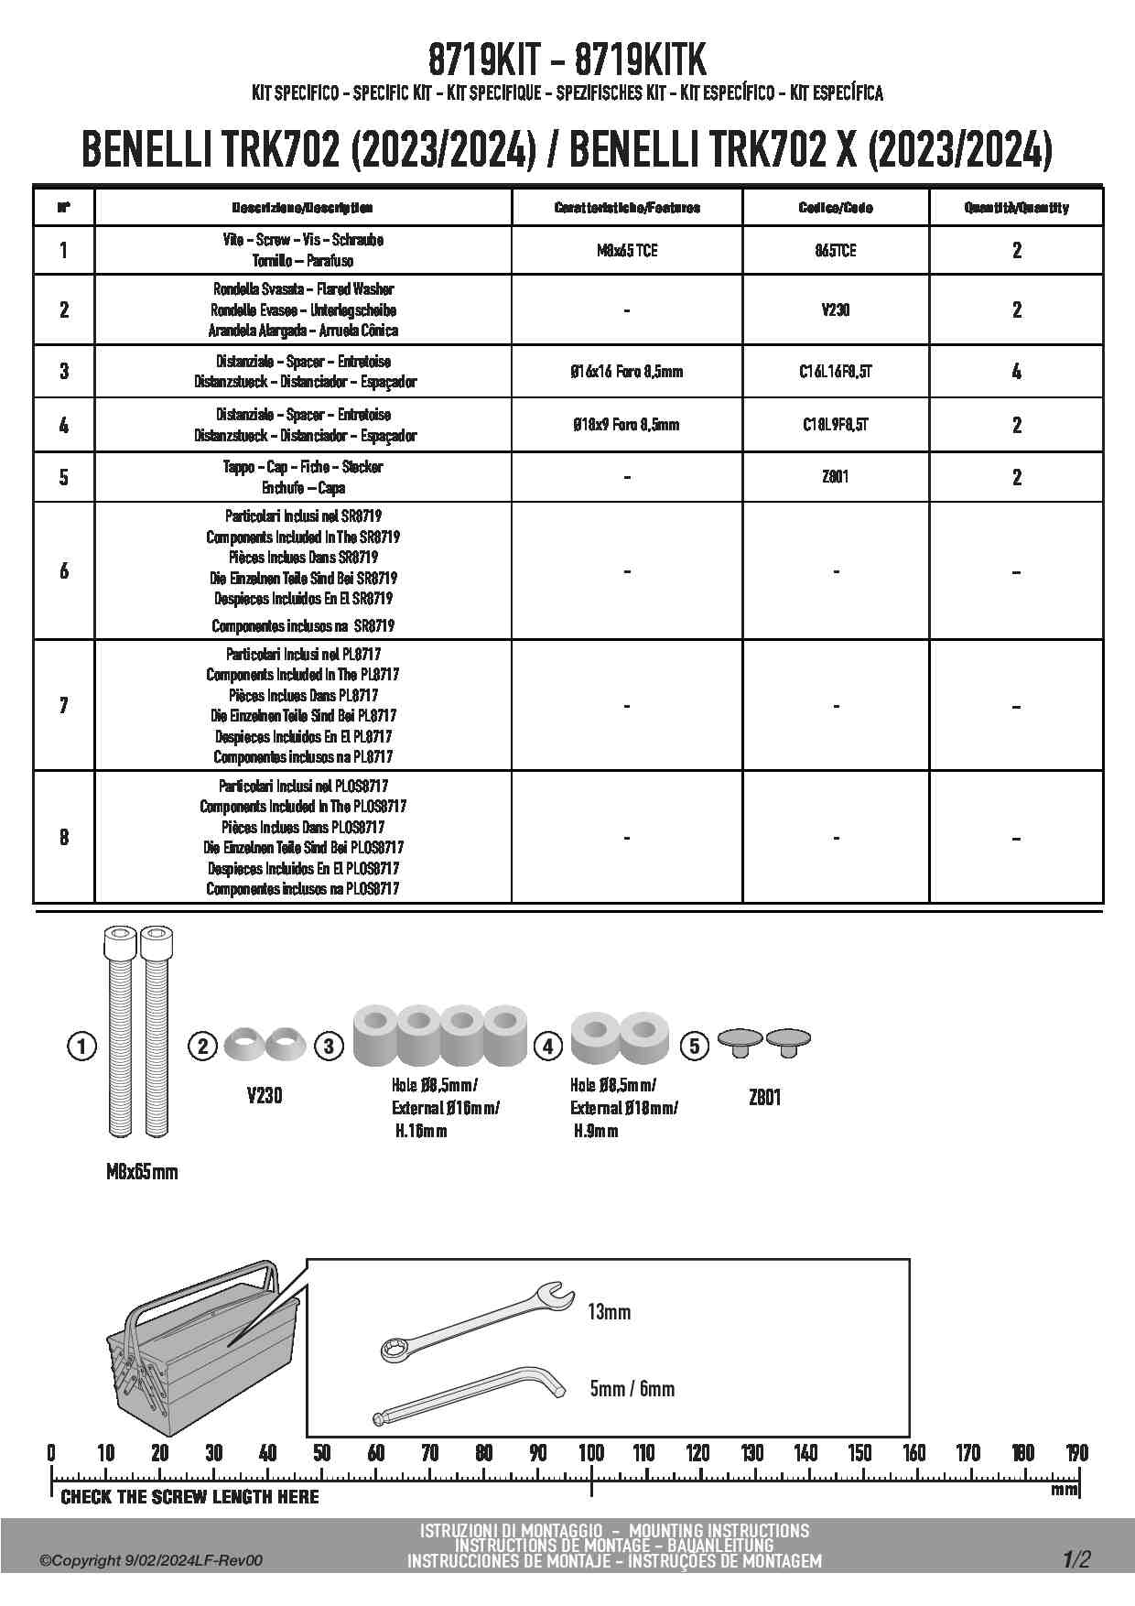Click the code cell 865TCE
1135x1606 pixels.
click(835, 250)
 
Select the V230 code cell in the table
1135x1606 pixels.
click(835, 309)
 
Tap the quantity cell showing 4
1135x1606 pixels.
click(1016, 371)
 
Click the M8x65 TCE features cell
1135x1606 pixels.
click(626, 250)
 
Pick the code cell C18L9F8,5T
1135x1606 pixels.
click(835, 424)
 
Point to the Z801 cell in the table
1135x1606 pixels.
click(835, 476)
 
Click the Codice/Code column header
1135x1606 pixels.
click(835, 208)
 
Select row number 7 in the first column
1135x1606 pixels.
click(63, 705)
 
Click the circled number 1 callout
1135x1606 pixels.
click(82, 1046)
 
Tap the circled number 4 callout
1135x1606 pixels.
click(547, 1046)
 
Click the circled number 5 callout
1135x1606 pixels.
click(695, 1046)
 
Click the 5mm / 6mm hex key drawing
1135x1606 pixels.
click(467, 1393)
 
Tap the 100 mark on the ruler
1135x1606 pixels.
click(591, 1453)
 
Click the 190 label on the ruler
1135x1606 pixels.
click(1076, 1453)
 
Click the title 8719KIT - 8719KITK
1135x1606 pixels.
click(567, 61)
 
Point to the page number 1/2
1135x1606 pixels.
click(1076, 1559)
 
